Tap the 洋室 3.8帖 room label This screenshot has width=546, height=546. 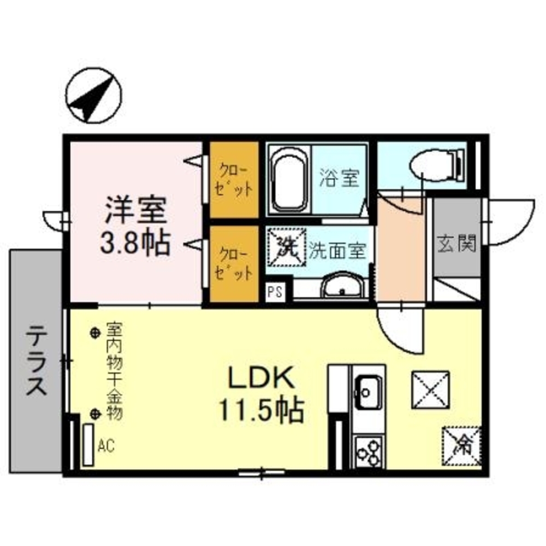(135, 225)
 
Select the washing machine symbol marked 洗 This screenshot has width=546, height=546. (287, 247)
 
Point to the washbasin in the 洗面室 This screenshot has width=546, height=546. (343, 285)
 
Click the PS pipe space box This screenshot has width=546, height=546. (275, 291)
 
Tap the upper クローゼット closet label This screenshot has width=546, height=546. (234, 180)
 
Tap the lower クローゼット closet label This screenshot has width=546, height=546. (234, 264)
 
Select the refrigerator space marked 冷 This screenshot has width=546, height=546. (461, 446)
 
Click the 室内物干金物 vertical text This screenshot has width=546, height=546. (114, 371)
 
